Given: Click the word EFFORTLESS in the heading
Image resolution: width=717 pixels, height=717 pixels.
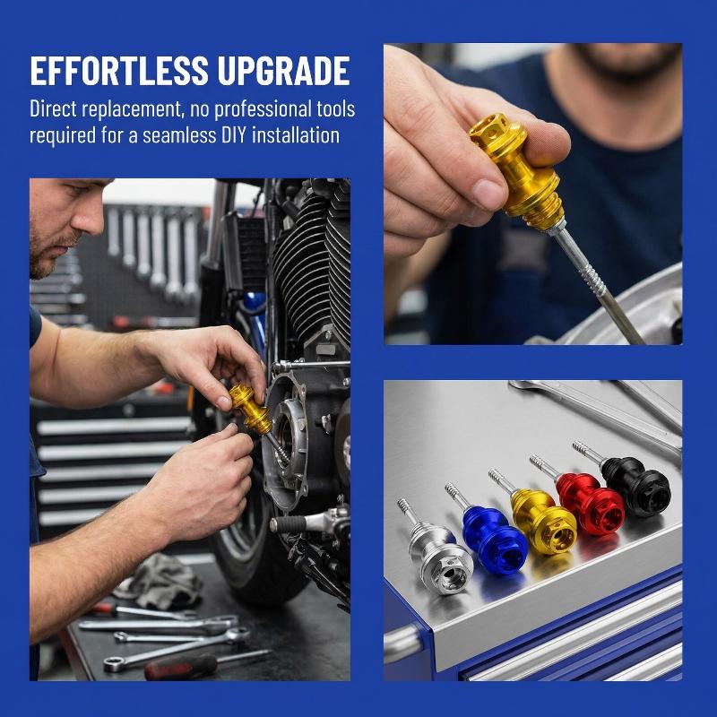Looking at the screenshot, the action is coord(119,71).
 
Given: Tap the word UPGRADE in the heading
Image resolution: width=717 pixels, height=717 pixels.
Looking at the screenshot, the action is coord(283,71).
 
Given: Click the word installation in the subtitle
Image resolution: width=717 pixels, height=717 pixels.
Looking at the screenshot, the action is coord(296,135).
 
